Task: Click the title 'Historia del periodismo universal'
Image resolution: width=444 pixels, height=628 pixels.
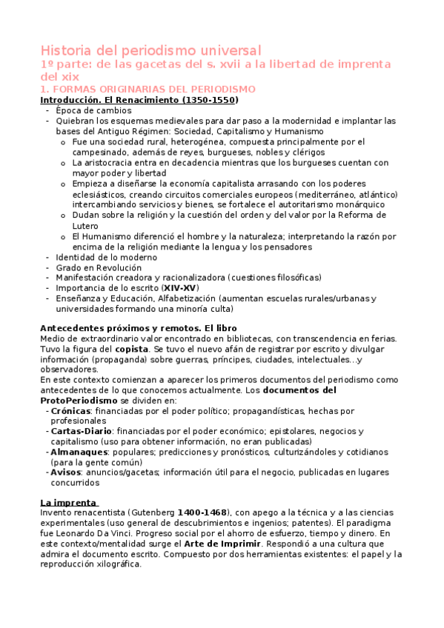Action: point(150,50)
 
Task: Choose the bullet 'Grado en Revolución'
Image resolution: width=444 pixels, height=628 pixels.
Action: point(98,267)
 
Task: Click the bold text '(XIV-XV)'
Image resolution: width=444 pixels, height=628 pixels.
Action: point(180,287)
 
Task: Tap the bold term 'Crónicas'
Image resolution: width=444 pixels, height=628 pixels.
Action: point(70,410)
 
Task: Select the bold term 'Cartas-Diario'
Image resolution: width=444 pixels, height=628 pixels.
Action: point(82,431)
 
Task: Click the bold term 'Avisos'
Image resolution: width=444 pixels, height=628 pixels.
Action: point(66,472)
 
